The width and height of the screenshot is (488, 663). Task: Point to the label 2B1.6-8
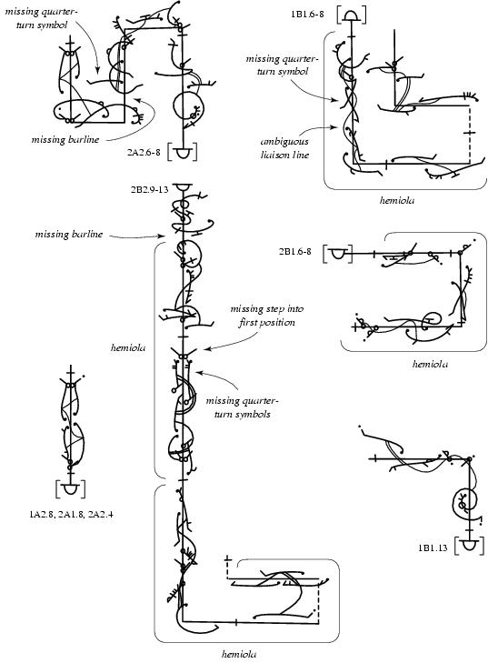[301, 252]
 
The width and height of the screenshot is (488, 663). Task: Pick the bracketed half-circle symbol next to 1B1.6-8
[352, 15]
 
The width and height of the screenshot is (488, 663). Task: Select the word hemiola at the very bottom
[239, 653]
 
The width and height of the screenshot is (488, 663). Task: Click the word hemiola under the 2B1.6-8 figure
[429, 364]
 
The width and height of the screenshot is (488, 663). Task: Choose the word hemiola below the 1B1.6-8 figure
[398, 200]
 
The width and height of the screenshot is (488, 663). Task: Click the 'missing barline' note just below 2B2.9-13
[67, 234]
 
